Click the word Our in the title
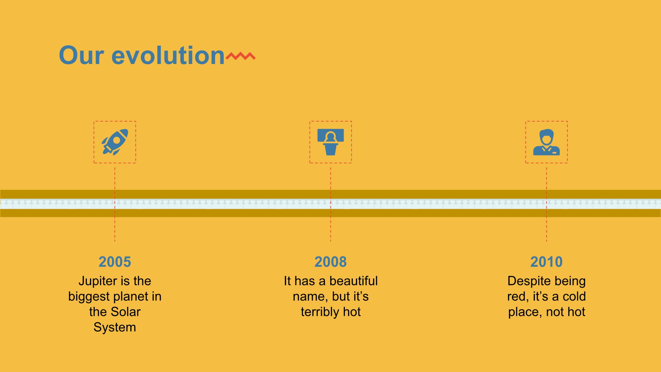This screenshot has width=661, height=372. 81,55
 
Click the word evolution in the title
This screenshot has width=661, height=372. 168,55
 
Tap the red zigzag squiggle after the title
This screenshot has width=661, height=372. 241,56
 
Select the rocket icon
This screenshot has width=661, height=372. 115,142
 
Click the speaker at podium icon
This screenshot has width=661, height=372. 330,142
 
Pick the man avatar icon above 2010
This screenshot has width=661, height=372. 547,142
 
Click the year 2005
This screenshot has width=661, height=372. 115,262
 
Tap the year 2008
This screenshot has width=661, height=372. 330,262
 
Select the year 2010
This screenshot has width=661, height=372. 547,262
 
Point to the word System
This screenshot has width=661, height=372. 115,327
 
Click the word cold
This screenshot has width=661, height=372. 574,296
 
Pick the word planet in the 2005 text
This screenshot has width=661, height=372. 131,296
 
